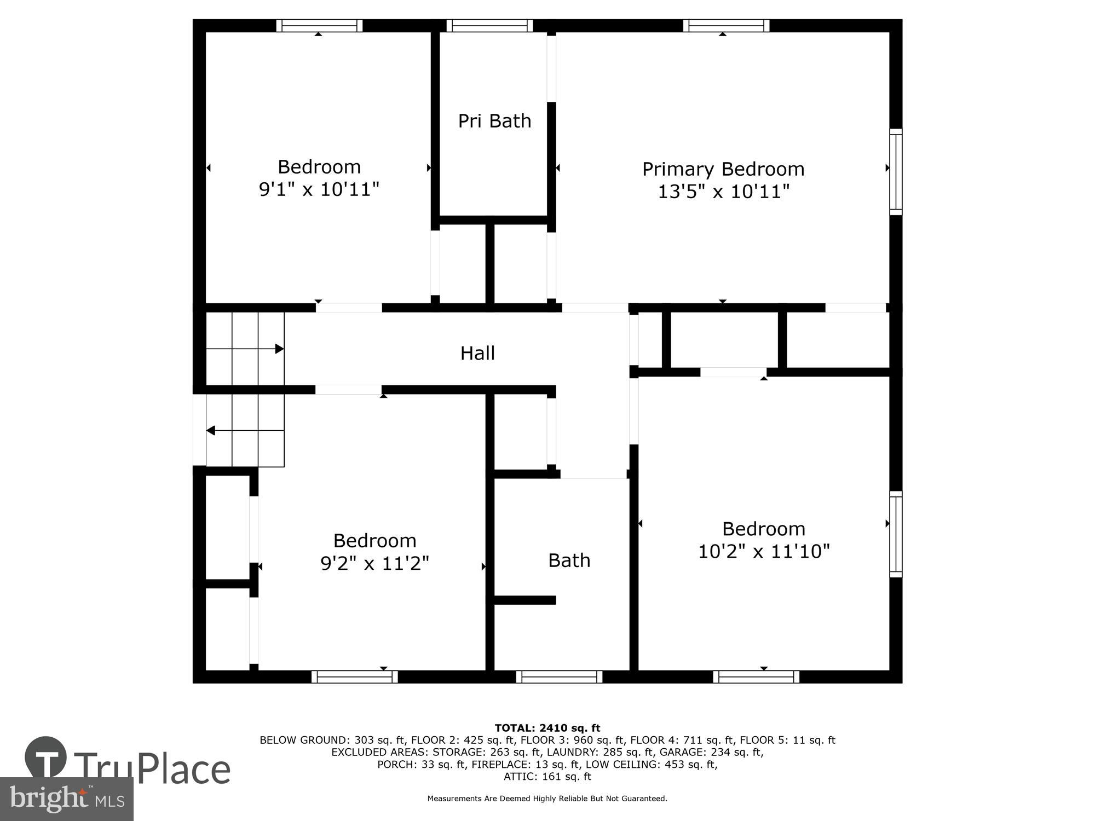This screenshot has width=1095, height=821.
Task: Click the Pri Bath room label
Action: (x=494, y=121)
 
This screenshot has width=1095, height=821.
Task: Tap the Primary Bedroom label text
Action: (x=723, y=169)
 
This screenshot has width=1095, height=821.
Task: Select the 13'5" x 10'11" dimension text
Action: (x=723, y=192)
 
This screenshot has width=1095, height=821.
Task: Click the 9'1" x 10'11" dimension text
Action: (x=319, y=189)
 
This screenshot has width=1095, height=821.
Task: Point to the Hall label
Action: (x=477, y=353)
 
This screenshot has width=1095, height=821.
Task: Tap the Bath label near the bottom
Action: (x=569, y=560)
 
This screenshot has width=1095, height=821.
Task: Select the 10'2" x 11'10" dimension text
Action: (x=763, y=551)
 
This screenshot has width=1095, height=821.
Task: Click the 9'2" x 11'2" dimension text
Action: (x=374, y=563)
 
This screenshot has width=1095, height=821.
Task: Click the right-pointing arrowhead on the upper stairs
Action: (x=279, y=349)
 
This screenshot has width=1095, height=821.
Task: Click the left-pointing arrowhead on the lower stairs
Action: (x=210, y=431)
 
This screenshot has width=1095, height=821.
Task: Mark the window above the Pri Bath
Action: (x=489, y=26)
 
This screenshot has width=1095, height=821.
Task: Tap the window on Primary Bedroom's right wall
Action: (x=896, y=172)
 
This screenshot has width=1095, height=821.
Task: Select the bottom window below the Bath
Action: (x=559, y=677)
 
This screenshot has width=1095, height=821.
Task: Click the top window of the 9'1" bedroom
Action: (x=319, y=26)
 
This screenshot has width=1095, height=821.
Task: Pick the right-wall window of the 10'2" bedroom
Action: (x=896, y=534)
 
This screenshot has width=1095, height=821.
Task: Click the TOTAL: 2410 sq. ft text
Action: (x=547, y=728)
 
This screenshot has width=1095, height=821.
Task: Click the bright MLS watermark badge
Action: (x=66, y=799)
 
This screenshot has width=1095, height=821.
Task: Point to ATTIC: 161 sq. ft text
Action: (x=547, y=776)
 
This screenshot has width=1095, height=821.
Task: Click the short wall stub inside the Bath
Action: (x=525, y=600)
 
